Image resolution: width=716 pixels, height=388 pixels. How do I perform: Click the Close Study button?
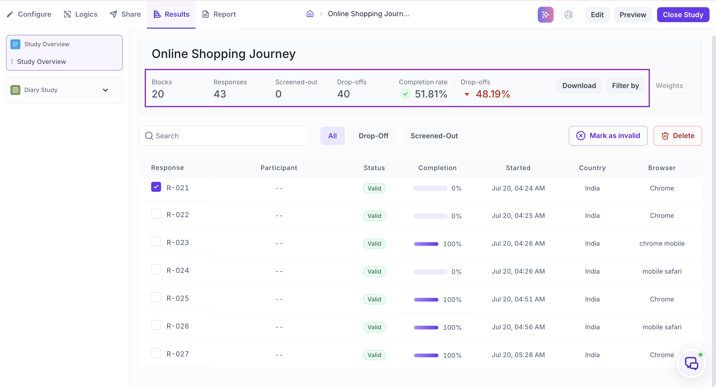click(x=683, y=15)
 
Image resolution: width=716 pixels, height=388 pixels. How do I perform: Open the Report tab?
click(x=219, y=14)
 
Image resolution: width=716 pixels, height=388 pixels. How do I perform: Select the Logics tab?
click(x=81, y=14)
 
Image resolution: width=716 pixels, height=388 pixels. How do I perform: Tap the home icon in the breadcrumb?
click(x=310, y=14)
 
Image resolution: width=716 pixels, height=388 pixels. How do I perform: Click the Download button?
click(x=579, y=86)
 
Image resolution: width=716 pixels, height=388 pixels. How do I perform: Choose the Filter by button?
click(x=626, y=86)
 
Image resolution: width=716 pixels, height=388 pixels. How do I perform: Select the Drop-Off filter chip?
click(x=373, y=136)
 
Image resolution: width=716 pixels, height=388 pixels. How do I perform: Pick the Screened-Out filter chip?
click(x=434, y=136)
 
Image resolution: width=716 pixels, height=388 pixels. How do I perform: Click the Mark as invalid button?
click(x=608, y=136)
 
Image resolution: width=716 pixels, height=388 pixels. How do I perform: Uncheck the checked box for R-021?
click(x=156, y=187)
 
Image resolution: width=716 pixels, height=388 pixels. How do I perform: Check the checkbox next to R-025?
click(x=156, y=297)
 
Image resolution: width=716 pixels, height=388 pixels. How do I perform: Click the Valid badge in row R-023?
click(x=374, y=244)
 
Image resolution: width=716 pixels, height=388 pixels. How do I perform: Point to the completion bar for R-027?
click(x=426, y=355)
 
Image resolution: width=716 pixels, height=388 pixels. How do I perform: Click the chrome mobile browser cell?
click(x=662, y=244)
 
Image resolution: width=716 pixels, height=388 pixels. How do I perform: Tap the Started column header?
click(x=518, y=168)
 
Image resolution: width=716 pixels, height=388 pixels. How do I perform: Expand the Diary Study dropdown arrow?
click(x=105, y=90)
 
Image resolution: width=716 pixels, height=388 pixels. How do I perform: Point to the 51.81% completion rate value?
click(x=431, y=94)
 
